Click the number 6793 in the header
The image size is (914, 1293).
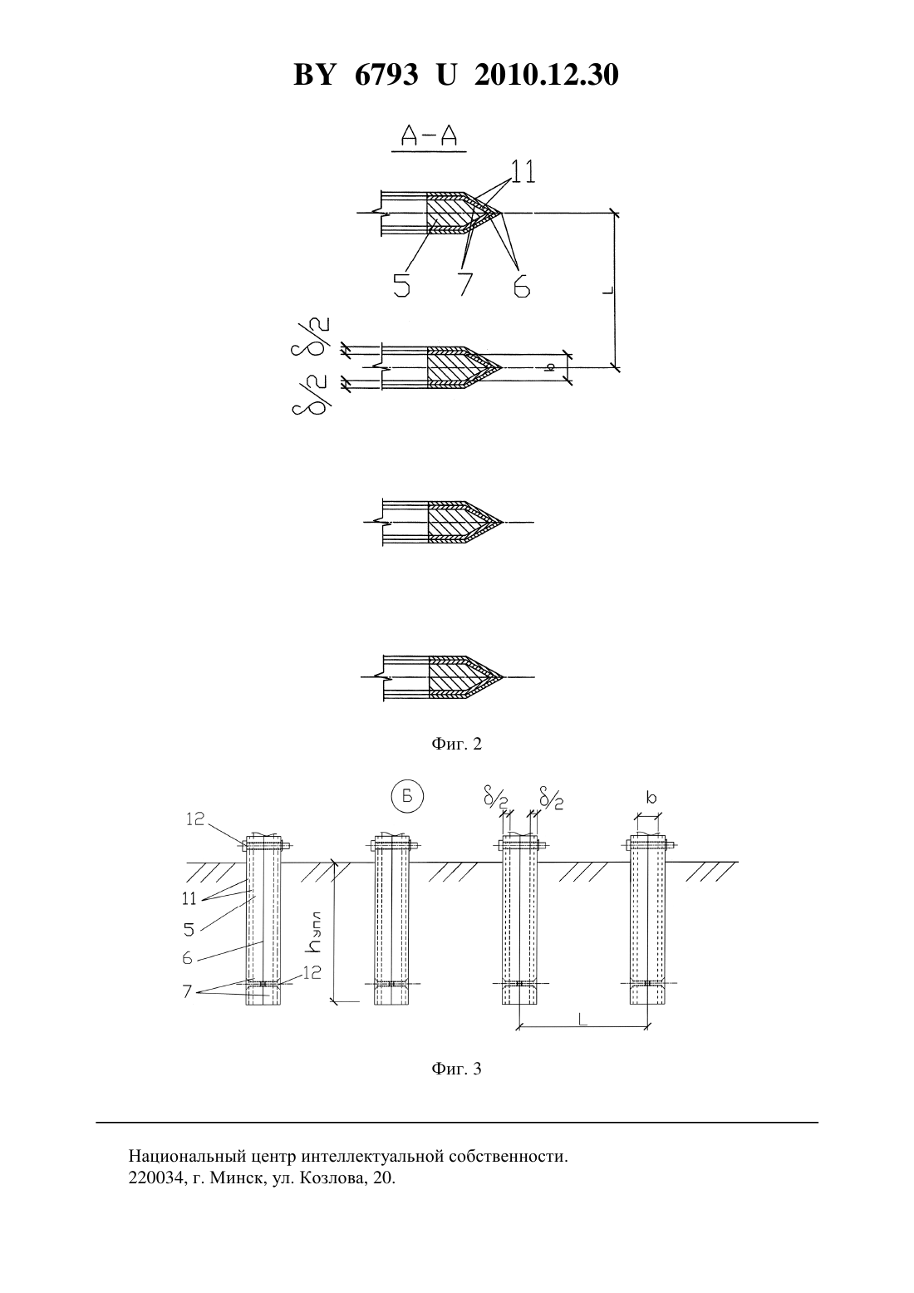(386, 75)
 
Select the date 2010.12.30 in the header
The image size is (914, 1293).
(547, 75)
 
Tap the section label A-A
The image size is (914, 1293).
(429, 135)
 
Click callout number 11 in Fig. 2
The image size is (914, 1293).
(523, 171)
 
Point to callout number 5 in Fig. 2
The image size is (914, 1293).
(401, 284)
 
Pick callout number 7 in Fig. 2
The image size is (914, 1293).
(465, 284)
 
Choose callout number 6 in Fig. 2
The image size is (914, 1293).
(522, 284)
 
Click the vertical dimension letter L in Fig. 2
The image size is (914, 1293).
(607, 290)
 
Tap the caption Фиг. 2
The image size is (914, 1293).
(456, 744)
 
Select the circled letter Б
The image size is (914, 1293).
(407, 797)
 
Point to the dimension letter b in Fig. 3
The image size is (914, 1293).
(651, 798)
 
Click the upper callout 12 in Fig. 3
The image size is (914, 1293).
(195, 819)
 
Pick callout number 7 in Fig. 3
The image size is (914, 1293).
(187, 991)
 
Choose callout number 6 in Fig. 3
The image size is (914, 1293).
(187, 958)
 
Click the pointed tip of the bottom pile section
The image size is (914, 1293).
(504, 676)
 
